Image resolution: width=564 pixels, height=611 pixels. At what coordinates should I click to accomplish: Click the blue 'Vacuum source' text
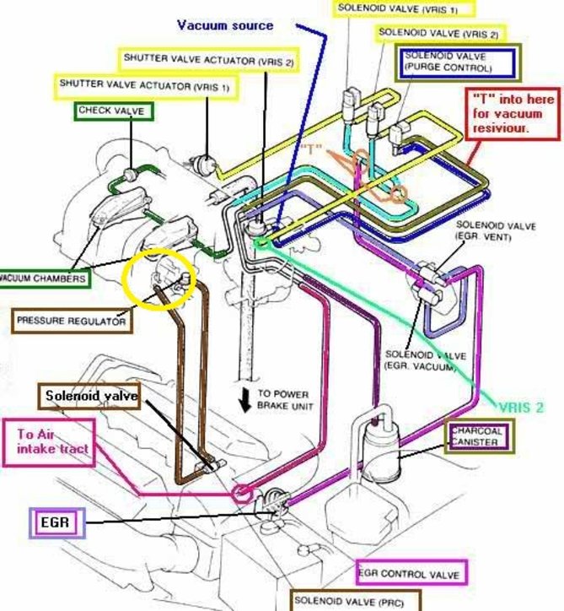(224, 25)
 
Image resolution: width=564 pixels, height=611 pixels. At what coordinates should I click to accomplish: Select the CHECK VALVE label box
(112, 111)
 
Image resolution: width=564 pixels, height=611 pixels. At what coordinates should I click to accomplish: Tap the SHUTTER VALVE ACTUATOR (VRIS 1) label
(143, 85)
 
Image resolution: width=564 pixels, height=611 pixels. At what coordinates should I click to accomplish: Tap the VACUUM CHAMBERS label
(43, 278)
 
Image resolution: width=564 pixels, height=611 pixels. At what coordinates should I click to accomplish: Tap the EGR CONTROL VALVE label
(411, 574)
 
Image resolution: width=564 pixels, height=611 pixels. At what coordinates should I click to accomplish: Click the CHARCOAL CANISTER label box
(479, 437)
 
